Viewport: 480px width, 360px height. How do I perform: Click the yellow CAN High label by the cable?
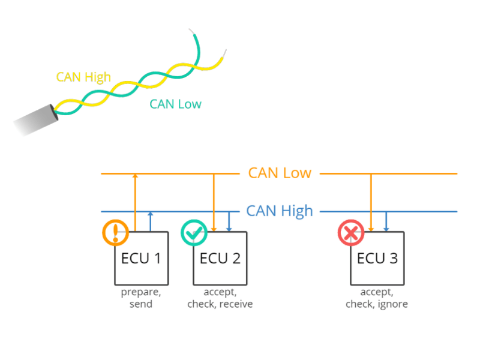pyautogui.click(x=83, y=77)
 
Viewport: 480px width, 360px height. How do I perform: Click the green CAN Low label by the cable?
pyautogui.click(x=175, y=104)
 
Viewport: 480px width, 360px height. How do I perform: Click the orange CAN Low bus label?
pyautogui.click(x=280, y=173)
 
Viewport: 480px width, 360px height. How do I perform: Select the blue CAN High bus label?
pyautogui.click(x=280, y=211)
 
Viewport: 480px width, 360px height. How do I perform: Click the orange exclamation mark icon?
pyautogui.click(x=115, y=233)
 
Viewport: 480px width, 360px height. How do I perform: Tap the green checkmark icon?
pyautogui.click(x=194, y=233)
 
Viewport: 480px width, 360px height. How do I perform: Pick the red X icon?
pyautogui.click(x=351, y=233)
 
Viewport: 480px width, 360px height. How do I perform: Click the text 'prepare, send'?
pyautogui.click(x=141, y=298)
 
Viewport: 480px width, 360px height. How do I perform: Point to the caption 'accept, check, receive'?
pyautogui.click(x=220, y=298)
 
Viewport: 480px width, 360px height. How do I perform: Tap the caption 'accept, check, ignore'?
pyautogui.click(x=377, y=298)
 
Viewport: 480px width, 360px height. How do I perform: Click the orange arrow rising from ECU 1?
pyautogui.click(x=135, y=201)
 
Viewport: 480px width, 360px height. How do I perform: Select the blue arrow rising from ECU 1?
pyautogui.click(x=150, y=221)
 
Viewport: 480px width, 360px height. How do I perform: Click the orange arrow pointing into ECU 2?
pyautogui.click(x=214, y=201)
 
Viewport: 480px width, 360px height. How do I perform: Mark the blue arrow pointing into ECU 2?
pyautogui.click(x=229, y=221)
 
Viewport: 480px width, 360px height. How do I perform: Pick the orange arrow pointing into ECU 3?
pyautogui.click(x=371, y=201)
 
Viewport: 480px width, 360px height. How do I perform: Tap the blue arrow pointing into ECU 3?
pyautogui.click(x=386, y=221)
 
